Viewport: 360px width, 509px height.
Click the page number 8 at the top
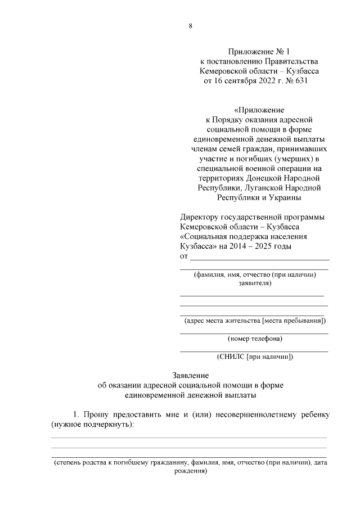(190, 26)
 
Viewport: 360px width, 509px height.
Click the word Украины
(285, 197)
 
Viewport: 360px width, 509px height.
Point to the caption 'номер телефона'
(255, 339)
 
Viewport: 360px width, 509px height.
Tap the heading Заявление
(190, 375)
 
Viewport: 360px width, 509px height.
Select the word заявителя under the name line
(255, 283)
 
